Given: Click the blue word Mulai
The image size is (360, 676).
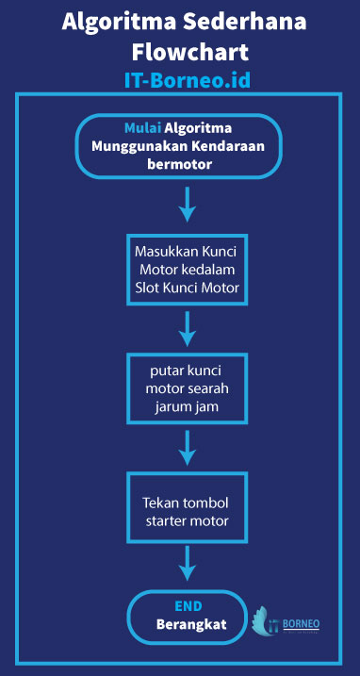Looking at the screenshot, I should tap(142, 128).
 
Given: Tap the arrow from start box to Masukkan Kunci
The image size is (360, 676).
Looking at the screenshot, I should tap(188, 203).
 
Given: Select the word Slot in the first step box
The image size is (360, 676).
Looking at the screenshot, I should tap(150, 287).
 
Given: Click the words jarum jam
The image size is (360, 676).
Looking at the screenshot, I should tap(188, 406).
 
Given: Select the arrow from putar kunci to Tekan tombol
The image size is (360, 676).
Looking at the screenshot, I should tap(188, 446).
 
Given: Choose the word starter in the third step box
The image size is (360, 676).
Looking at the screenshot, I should tap(171, 519).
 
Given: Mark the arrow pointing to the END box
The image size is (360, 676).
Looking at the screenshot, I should tap(188, 563).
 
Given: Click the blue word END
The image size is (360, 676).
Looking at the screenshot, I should tap(188, 607).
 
